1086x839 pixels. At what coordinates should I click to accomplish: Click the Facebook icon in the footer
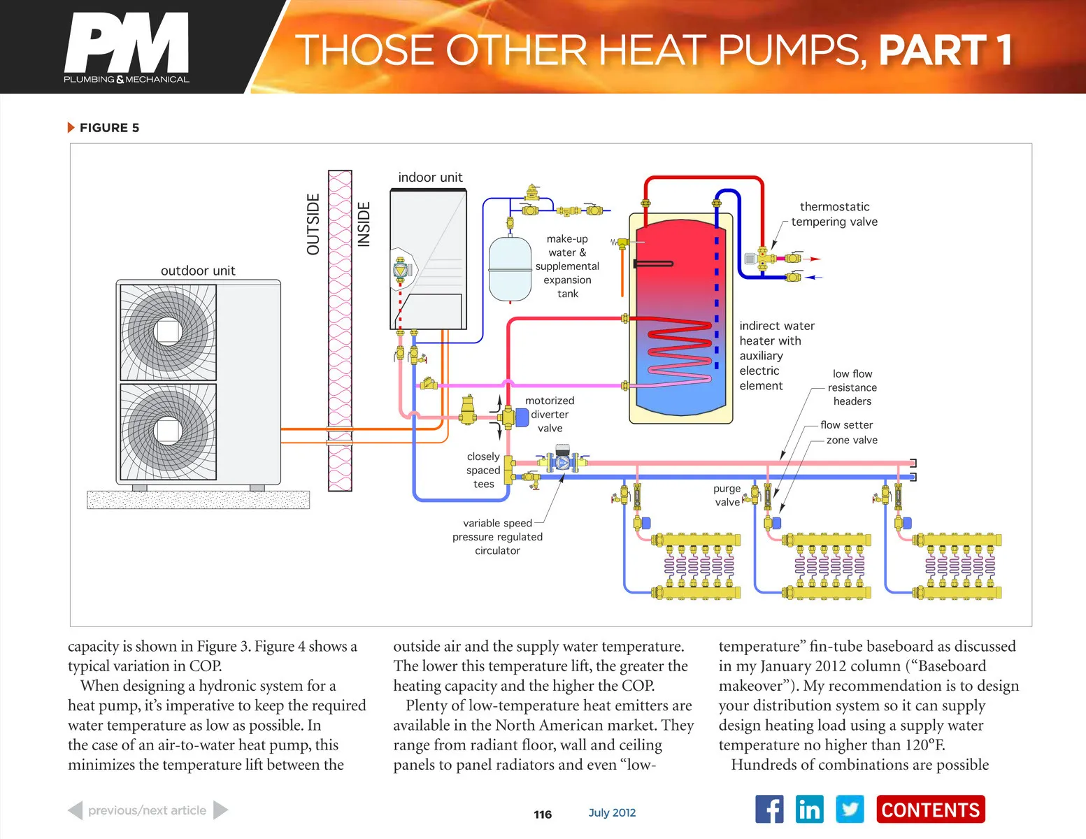coord(769,810)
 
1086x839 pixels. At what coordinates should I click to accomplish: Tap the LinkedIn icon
coord(809,810)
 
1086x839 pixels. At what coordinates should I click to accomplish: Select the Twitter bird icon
coord(850,810)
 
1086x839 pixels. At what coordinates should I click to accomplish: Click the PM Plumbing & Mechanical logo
coord(127,48)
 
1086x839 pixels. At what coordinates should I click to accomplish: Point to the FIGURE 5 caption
coord(108,128)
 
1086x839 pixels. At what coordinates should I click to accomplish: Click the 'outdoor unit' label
coord(198,271)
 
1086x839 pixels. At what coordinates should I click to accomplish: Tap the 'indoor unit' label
coord(430,178)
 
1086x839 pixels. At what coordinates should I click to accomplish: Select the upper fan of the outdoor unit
coord(168,331)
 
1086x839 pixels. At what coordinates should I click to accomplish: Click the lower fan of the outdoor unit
coord(168,431)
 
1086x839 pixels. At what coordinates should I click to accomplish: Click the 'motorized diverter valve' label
coord(550,414)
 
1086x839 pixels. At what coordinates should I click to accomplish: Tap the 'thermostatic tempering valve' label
coord(834,214)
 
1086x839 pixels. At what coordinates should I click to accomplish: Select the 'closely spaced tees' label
coord(483,470)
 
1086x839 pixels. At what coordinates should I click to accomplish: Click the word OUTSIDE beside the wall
coord(313,224)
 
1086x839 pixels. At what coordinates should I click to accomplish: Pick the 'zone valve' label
coord(852,440)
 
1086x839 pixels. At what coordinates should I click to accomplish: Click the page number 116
coord(543,815)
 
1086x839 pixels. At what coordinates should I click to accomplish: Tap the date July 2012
coord(612,812)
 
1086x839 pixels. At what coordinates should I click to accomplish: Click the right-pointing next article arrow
coord(220,810)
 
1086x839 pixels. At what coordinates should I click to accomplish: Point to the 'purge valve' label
coord(727,495)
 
